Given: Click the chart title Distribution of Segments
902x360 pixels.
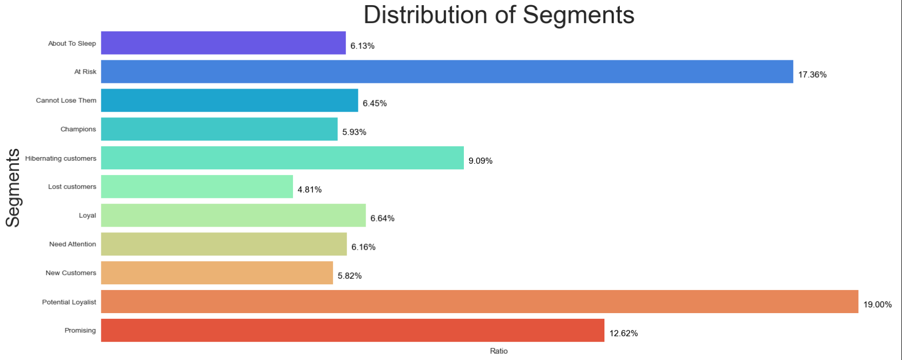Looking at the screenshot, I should (498, 15).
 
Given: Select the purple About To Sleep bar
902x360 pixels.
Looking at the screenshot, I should (223, 43).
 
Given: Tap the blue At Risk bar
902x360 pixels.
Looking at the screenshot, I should (447, 72).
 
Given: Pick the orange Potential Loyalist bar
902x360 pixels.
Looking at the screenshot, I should (479, 301).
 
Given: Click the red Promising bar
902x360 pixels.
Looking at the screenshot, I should (352, 330).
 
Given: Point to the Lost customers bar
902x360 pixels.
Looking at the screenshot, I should (197, 186).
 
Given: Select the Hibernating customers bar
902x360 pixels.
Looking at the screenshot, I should (282, 158).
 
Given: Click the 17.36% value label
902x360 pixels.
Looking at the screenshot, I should (812, 75).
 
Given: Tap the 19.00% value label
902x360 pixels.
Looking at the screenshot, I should (877, 304).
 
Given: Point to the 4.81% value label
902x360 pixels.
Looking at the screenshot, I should (309, 190).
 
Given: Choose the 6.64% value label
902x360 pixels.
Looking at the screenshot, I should (382, 218).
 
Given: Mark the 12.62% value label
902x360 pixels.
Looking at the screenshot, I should (623, 333).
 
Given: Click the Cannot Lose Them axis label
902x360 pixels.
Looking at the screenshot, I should (66, 100).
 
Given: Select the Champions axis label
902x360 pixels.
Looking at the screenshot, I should (78, 129).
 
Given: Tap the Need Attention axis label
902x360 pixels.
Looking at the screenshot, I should (72, 244).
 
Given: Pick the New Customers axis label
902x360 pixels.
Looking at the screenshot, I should (71, 273).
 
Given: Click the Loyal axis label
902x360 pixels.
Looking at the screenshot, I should (87, 215).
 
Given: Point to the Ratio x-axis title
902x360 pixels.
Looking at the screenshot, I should (498, 351).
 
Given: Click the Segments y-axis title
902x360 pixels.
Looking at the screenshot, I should (13, 187).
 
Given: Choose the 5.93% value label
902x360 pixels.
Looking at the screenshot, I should (354, 132).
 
